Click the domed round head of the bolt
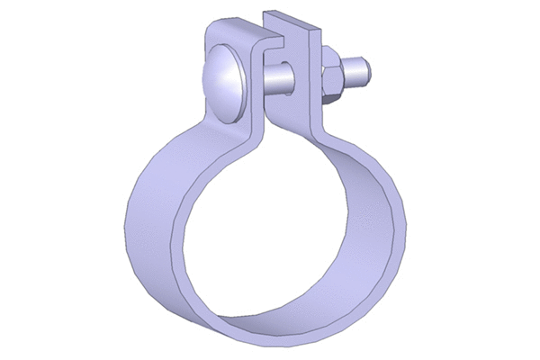(225, 84)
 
